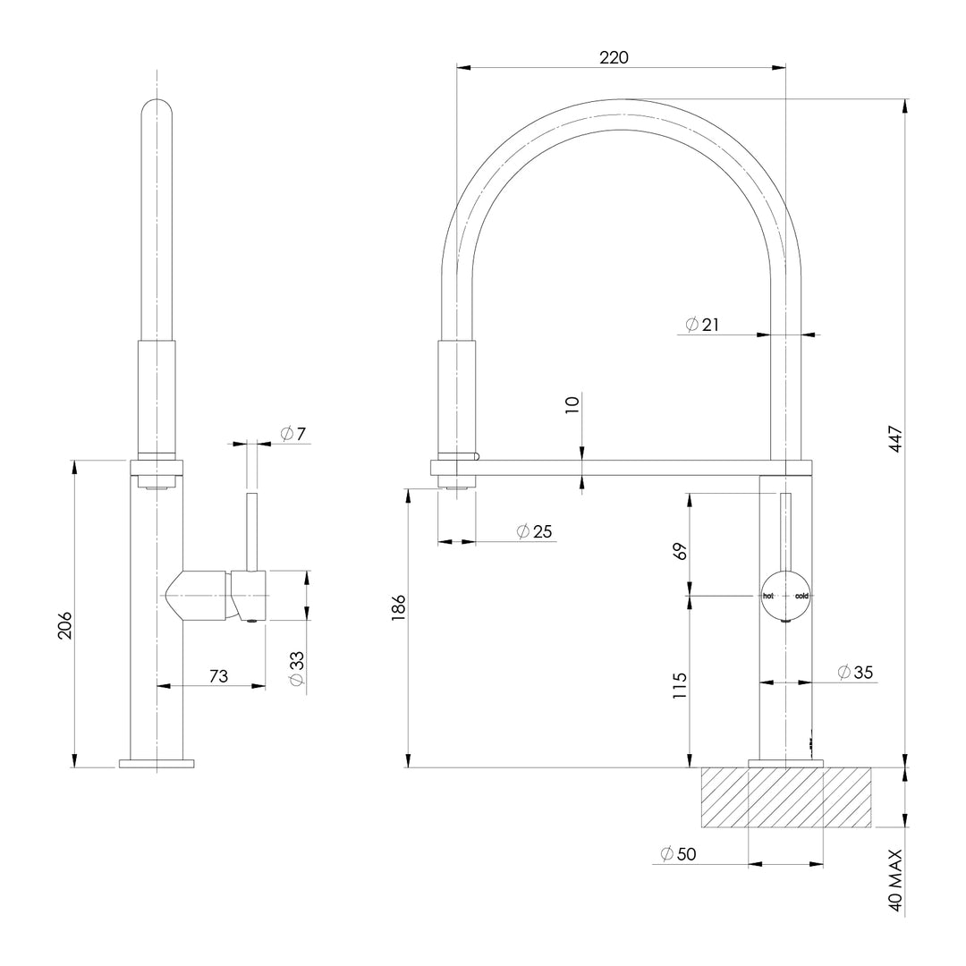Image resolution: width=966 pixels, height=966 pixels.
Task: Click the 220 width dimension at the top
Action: tap(614, 57)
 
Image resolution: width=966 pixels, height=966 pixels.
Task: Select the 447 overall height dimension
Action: tap(897, 438)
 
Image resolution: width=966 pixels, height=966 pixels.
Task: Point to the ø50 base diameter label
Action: tap(678, 854)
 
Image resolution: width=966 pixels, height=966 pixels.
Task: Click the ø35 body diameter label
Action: tap(856, 672)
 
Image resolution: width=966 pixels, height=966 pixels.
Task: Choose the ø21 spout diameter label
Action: tap(703, 325)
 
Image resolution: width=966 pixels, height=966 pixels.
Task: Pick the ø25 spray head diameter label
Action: tap(535, 531)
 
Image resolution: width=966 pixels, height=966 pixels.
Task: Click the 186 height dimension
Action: tap(400, 608)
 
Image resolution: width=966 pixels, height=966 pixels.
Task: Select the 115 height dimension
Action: tap(681, 685)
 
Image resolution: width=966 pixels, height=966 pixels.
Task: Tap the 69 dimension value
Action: tap(681, 551)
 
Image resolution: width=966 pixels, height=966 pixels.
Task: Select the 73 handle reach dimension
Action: tap(217, 676)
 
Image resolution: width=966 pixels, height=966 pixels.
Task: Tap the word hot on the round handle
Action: tap(767, 596)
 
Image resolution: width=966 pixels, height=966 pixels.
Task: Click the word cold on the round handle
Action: tap(801, 596)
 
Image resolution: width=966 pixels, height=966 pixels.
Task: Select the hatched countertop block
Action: tap(785, 796)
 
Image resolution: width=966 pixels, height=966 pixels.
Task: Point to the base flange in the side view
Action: tap(157, 763)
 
